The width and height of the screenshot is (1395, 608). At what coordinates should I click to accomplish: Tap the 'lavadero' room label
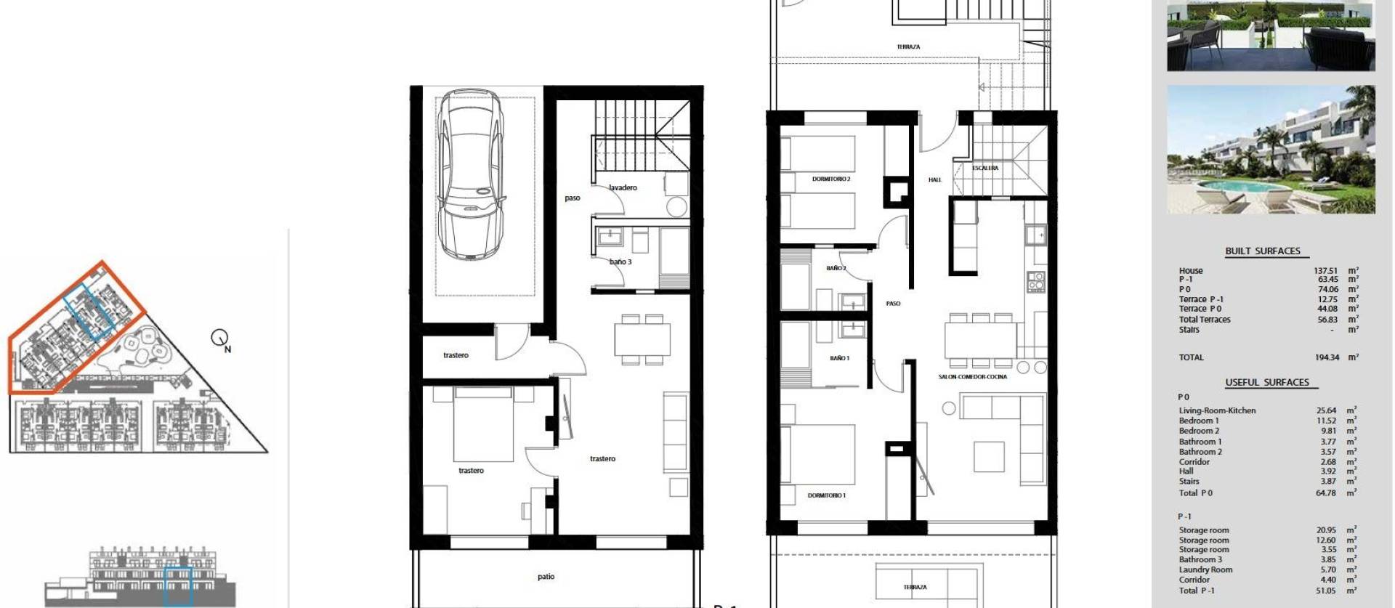[x=623, y=187]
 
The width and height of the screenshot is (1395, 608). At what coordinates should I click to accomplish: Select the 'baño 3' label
[x=620, y=262]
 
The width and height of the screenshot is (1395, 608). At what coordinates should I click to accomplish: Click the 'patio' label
[x=546, y=577]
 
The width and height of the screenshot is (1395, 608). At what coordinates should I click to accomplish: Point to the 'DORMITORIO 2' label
[x=831, y=179]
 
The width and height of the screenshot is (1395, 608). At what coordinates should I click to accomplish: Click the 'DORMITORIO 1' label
[x=826, y=495]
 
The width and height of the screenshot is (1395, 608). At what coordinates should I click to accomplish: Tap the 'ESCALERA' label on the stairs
[x=985, y=168]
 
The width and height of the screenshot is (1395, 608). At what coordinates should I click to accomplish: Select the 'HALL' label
[x=934, y=179]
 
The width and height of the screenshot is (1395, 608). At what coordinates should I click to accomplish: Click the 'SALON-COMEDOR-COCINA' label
[x=972, y=376]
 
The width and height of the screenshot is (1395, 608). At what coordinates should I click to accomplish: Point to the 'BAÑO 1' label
[x=839, y=358]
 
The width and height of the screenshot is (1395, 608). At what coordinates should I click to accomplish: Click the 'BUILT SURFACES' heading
[x=1263, y=251]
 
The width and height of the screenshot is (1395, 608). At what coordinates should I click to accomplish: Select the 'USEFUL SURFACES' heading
[x=1266, y=382]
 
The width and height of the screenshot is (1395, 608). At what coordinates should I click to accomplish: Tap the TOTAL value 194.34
[x=1327, y=357]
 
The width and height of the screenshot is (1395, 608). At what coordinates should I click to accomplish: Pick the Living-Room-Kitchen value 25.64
[x=1326, y=410]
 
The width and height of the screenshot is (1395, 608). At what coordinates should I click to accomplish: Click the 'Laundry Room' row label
[x=1205, y=570]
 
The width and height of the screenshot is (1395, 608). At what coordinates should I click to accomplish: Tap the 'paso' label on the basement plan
[x=573, y=198]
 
